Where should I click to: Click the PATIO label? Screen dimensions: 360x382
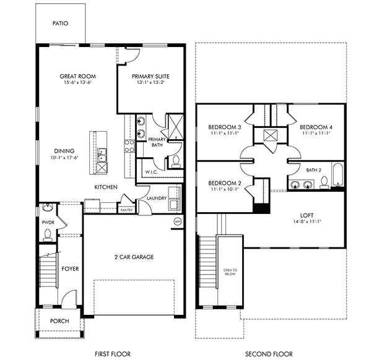pos(59,24)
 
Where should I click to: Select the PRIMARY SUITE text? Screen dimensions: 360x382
pos(150,76)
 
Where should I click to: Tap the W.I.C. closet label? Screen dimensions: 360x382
pos(152,171)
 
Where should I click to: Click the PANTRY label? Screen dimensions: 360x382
pos(126,210)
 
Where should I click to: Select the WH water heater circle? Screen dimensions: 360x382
pos(178,221)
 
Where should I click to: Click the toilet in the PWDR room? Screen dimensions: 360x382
pos(48,234)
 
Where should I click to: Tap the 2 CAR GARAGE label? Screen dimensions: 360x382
pos(133,256)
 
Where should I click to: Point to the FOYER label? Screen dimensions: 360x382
pos(69,268)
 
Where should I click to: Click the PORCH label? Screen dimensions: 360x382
pos(59,320)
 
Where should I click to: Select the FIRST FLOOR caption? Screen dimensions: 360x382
pos(112,354)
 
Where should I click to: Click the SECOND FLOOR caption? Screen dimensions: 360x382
pos(268,354)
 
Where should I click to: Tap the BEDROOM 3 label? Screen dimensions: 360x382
pos(224,127)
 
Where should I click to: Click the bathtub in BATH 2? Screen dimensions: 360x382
pos(337,175)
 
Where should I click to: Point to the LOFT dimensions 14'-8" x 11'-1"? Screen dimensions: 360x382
pos(307,221)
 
